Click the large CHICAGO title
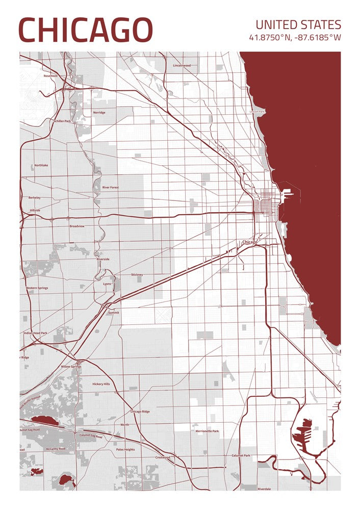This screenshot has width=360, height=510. pyautogui.click(x=86, y=30)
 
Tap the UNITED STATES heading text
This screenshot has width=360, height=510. pyautogui.click(x=298, y=24)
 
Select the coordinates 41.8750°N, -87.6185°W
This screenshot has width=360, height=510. pyautogui.click(x=295, y=38)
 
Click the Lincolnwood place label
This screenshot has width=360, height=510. pyautogui.click(x=182, y=65)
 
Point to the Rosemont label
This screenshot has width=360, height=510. pyautogui.click(x=51, y=75)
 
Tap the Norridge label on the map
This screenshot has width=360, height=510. pyautogui.click(x=99, y=112)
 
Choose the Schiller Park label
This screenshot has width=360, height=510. pyautogui.click(x=62, y=121)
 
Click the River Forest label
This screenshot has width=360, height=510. pyautogui.click(x=110, y=187)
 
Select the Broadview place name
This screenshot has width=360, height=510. pyautogui.click(x=77, y=225)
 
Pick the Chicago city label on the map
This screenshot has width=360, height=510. pyautogui.click(x=250, y=242)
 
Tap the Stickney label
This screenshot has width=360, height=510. pyautogui.click(x=137, y=274)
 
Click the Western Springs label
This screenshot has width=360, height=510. pyautogui.click(x=37, y=288)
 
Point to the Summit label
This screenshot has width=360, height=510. pyautogui.click(x=113, y=312)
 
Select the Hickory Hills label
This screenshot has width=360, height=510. pyautogui.click(x=100, y=384)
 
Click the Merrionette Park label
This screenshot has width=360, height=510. pyautogui.click(x=207, y=431)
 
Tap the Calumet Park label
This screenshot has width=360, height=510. pyautogui.click(x=241, y=455)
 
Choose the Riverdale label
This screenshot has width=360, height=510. pyautogui.click(x=264, y=489)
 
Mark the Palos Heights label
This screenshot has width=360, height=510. pyautogui.click(x=125, y=449)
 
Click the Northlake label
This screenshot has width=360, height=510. pyautogui.click(x=41, y=165)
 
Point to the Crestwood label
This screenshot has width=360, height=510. pyautogui.click(x=163, y=457)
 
